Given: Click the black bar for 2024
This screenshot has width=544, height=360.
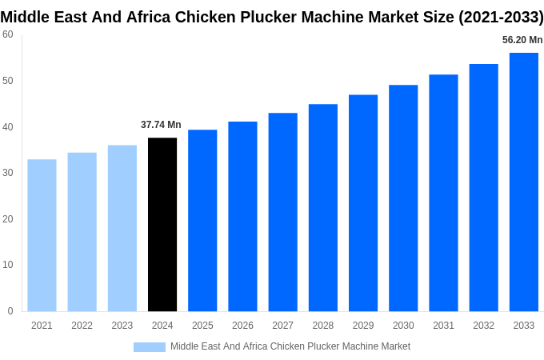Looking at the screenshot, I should point(162,224).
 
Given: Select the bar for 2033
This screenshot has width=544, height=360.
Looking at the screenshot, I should point(523,182).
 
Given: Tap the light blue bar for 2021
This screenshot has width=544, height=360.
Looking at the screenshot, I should point(42,235).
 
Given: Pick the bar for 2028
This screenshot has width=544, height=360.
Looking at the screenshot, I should point(322,207).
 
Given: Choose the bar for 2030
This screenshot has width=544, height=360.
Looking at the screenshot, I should point(403,198).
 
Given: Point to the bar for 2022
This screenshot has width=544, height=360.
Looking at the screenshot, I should point(82,232).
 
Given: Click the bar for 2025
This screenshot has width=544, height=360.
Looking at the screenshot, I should point(202,220).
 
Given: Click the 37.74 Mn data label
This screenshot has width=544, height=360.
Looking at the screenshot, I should point(161,125).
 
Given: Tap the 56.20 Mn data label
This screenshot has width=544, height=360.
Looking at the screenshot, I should point(522,40).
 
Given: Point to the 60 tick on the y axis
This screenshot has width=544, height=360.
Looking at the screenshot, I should point(8,34).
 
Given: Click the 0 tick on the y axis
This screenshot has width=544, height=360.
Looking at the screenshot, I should point(10,311).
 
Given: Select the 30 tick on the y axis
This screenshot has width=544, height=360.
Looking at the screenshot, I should point(8,173).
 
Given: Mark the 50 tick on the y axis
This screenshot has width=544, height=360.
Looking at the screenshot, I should point(8,81).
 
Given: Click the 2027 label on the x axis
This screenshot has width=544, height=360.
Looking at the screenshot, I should point(282,326).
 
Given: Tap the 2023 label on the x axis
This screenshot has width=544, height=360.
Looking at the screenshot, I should point(122,326).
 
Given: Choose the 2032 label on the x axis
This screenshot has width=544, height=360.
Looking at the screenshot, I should point(483,326).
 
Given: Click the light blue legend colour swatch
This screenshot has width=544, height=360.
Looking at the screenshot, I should point(149,347).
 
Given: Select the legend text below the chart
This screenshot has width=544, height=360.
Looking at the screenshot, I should point(290,346).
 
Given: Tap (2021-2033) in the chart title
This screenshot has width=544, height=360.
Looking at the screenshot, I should point(500,18).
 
